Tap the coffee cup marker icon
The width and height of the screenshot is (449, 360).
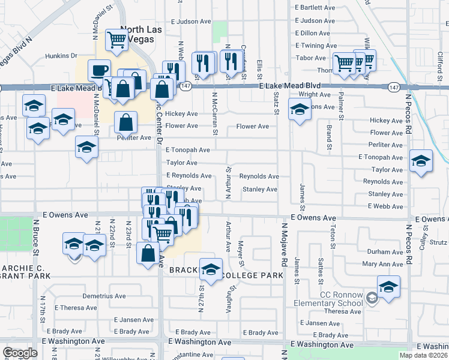[x=99, y=70]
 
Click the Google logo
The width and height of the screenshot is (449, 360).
[x=20, y=353]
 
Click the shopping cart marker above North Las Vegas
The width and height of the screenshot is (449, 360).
[x=116, y=40]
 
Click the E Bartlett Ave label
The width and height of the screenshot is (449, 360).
[x=315, y=8]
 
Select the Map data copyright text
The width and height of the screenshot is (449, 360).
[x=423, y=355]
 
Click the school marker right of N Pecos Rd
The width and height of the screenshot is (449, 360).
[x=421, y=160]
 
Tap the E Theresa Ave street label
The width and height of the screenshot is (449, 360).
[x=75, y=307]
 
